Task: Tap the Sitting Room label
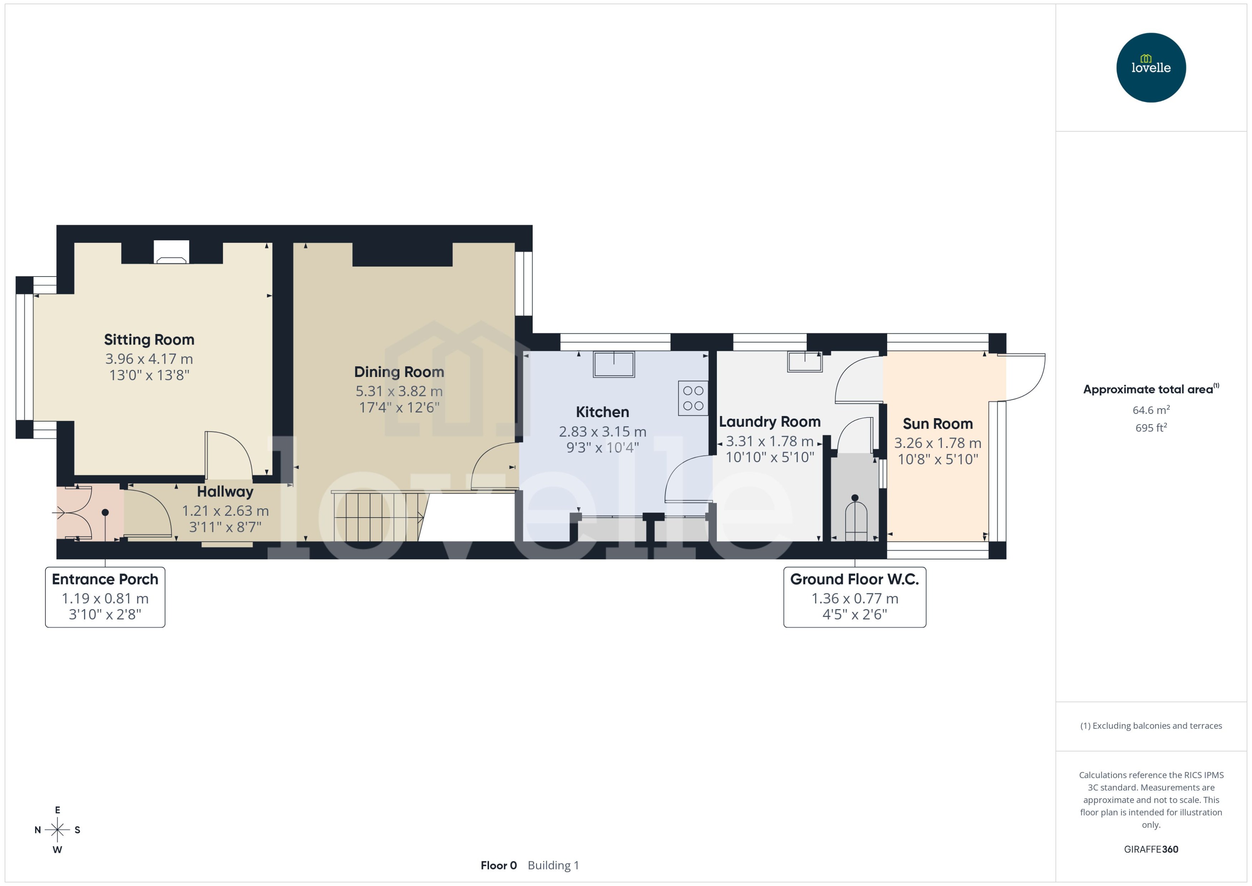click(149, 339)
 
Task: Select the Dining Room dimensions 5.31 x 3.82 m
click(399, 391)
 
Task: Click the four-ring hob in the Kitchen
click(693, 398)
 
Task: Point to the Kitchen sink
click(614, 364)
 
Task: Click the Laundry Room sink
click(804, 362)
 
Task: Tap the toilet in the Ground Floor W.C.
click(855, 520)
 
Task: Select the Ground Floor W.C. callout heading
click(854, 579)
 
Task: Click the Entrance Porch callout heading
click(105, 579)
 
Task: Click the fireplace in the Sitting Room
click(171, 253)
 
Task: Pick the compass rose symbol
click(57, 830)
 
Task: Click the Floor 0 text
click(498, 865)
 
